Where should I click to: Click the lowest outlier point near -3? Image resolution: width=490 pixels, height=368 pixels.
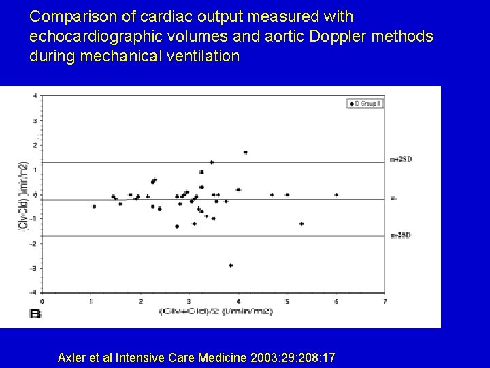pyautogui.click(x=231, y=265)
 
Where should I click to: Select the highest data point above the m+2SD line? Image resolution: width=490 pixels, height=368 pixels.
pyautogui.click(x=246, y=152)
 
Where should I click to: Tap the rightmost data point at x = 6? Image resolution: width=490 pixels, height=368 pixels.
pyautogui.click(x=336, y=194)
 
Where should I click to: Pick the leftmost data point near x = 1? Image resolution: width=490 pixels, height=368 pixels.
pyautogui.click(x=94, y=206)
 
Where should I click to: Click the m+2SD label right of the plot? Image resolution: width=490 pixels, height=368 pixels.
pyautogui.click(x=401, y=159)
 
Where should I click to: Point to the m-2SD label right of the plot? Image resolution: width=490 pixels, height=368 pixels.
pyautogui.click(x=401, y=235)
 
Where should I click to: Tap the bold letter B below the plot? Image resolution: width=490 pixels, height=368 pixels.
pyautogui.click(x=35, y=314)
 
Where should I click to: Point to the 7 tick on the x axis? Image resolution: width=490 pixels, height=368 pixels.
pyautogui.click(x=385, y=301)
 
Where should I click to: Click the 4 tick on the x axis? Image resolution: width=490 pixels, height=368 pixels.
pyautogui.click(x=238, y=301)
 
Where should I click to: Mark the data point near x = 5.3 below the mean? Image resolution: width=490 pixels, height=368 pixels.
pyautogui.click(x=301, y=224)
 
